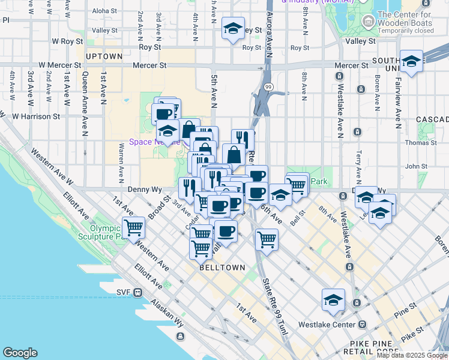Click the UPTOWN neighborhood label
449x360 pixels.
pyautogui.click(x=104, y=56)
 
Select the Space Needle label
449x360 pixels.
pyautogui.click(x=154, y=142)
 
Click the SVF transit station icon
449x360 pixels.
pyautogui.click(x=138, y=292)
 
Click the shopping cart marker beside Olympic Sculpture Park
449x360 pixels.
pyautogui.click(x=133, y=228)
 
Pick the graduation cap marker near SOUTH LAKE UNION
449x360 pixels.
pyautogui.click(x=411, y=62)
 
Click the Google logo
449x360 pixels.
pyautogui.click(x=20, y=353)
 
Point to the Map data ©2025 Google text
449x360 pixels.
pyautogui.click(x=412, y=355)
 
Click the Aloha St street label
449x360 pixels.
pyautogui.click(x=104, y=11)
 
